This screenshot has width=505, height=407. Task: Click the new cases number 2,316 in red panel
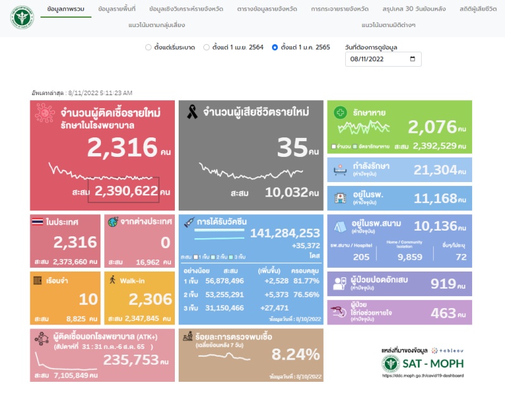pos(122,147)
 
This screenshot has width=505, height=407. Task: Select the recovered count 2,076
pos(432,127)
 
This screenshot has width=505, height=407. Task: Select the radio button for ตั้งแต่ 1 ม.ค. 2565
pos(275,47)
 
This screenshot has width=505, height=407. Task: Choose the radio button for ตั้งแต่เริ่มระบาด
pos(148,47)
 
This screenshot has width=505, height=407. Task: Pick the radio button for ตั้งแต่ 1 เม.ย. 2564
pos(206,47)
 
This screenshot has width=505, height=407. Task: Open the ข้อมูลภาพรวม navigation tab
pos(65,9)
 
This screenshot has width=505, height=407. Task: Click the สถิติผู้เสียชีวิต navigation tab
pos(478,9)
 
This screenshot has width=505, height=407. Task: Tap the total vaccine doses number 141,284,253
pos(285,233)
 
